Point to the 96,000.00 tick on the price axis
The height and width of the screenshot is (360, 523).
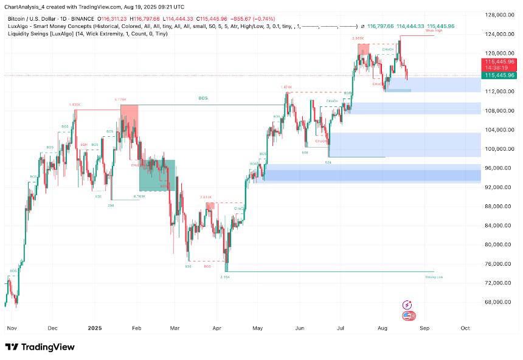[x=497, y=168]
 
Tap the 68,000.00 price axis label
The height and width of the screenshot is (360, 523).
[x=497, y=302]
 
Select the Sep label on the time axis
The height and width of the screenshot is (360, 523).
[x=424, y=327]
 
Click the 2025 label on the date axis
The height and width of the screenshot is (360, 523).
[x=94, y=327]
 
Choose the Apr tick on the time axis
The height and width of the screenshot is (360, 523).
[x=217, y=327]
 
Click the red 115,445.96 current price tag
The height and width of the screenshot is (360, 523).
[x=499, y=62]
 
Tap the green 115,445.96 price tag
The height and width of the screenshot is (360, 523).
[x=499, y=75]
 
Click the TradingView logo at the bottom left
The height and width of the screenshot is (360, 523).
[x=40, y=347]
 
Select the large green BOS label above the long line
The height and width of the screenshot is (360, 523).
[x=203, y=97]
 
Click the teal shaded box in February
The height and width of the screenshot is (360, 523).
[x=157, y=175]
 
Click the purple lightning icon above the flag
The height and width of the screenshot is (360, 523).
[x=407, y=305]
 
